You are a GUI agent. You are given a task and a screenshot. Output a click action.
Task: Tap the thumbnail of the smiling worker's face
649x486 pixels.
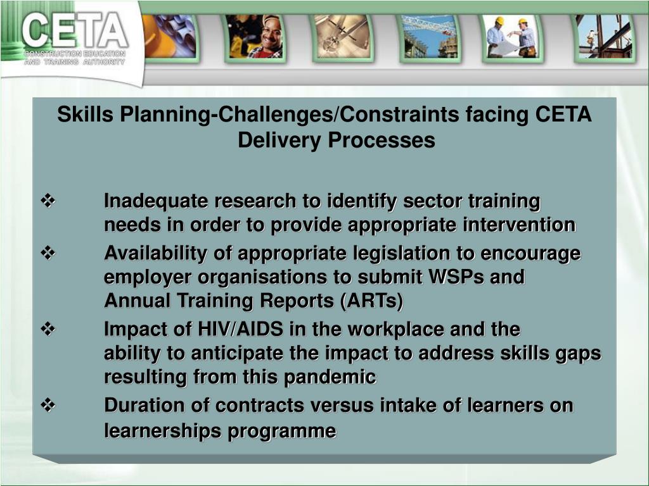(x=255, y=37)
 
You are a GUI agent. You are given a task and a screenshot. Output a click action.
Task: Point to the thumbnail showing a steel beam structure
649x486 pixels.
(x=603, y=37)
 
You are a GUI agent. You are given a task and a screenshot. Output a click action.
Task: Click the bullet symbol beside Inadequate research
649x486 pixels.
(x=49, y=202)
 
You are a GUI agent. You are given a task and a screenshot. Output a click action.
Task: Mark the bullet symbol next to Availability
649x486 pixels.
(x=49, y=254)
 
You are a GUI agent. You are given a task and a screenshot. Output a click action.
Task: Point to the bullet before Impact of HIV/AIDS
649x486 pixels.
(x=49, y=329)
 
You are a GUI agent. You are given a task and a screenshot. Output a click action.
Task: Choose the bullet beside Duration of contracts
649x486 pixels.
(x=49, y=405)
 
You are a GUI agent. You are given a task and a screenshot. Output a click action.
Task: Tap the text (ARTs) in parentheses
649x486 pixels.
(x=371, y=301)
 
